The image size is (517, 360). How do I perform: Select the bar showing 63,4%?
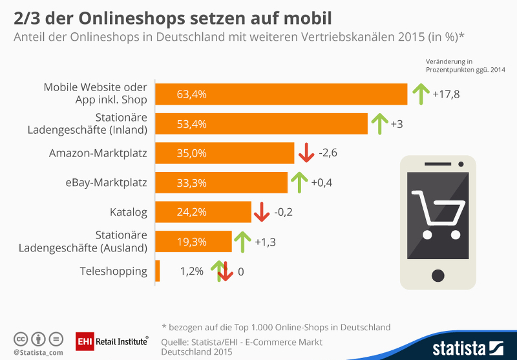click(x=282, y=94)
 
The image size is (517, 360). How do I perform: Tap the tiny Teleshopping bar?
click(x=158, y=271)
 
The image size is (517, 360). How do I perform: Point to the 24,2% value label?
click(x=191, y=212)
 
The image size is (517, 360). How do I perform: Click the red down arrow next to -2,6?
click(x=306, y=153)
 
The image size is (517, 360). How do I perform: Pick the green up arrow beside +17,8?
click(x=420, y=94)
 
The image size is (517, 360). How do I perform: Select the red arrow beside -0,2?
click(x=261, y=211)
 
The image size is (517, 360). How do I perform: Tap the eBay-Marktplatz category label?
click(x=107, y=183)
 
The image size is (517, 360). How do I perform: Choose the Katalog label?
click(x=129, y=212)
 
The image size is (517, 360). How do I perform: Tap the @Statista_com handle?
click(x=37, y=352)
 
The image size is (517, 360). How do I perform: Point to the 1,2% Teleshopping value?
click(x=192, y=271)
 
